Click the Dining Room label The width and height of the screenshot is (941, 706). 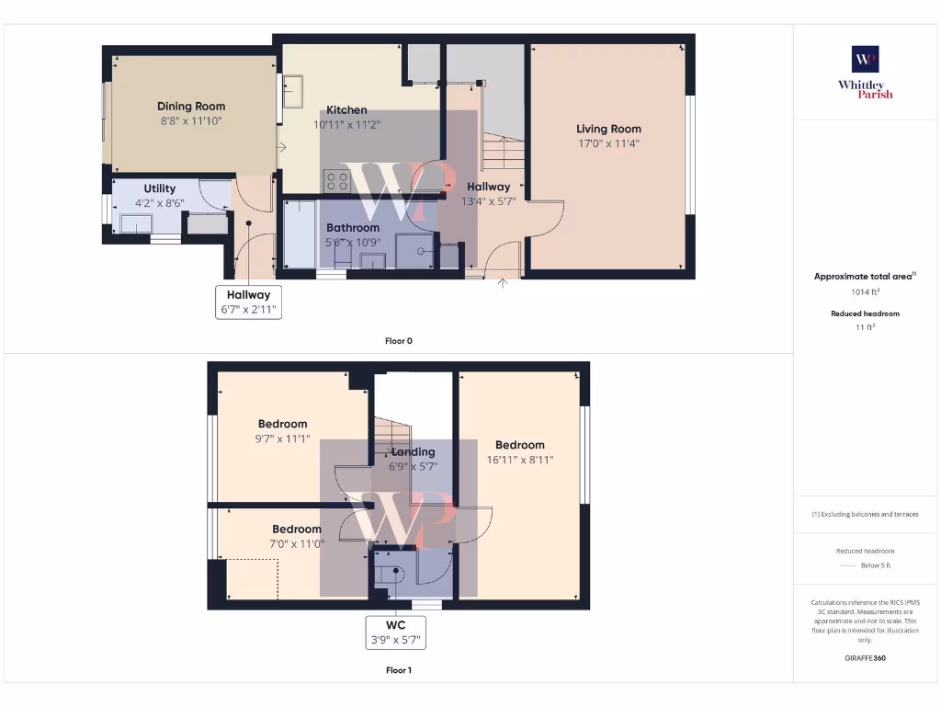click(191, 107)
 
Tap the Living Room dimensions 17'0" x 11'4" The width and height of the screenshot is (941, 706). click(608, 143)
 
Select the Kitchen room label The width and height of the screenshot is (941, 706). click(346, 110)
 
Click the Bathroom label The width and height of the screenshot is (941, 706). click(353, 228)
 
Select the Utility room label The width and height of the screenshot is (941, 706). click(159, 188)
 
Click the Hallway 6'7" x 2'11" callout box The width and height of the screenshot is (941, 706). click(248, 302)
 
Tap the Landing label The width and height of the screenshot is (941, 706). click(414, 452)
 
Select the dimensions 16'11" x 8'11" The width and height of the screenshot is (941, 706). click(520, 461)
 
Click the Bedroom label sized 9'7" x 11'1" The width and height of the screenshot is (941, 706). click(282, 424)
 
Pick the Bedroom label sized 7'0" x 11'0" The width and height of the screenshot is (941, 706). click(297, 529)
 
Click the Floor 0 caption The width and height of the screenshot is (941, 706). click(398, 341)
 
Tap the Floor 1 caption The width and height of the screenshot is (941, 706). click(398, 670)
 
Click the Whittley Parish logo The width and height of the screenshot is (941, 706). click(865, 72)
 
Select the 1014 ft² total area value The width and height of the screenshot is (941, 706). click(865, 292)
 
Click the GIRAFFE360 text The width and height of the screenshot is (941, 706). click(865, 658)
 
